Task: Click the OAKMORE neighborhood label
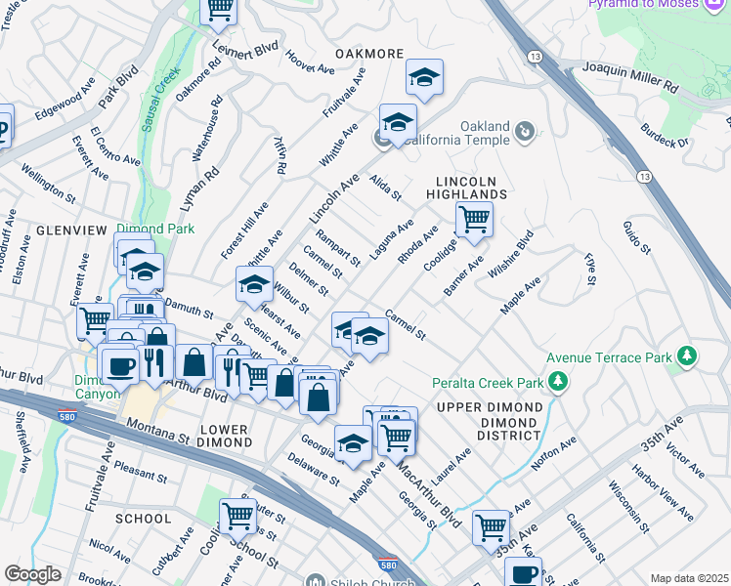click(x=369, y=53)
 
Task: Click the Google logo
click(x=32, y=574)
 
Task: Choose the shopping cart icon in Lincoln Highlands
click(x=474, y=219)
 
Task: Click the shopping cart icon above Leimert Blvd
click(x=219, y=9)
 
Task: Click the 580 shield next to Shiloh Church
click(x=387, y=565)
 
